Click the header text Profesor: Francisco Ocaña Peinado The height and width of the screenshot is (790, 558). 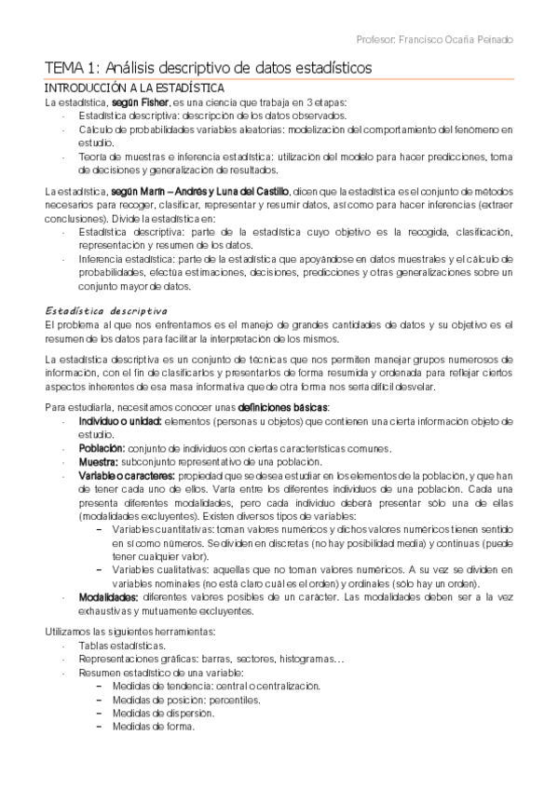click(x=434, y=40)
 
